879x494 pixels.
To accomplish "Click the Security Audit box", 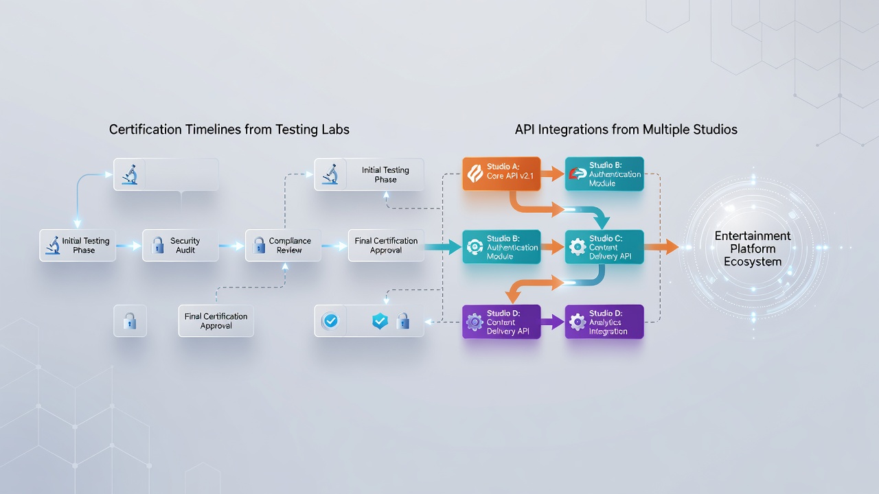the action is point(181,246).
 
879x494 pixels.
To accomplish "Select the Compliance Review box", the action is point(284,246).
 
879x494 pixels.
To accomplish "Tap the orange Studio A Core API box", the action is point(501,174).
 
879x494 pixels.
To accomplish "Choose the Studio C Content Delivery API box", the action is point(604,246).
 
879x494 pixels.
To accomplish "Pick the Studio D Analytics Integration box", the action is point(604,322).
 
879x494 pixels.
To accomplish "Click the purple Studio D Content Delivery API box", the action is point(501,322).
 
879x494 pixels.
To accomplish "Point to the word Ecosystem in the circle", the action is point(753,262).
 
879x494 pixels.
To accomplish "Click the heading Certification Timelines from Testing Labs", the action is point(229,130).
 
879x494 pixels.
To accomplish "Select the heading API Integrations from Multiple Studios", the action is point(626,130).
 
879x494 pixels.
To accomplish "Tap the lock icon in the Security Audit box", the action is point(158,246).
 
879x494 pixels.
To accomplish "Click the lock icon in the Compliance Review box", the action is point(259,246).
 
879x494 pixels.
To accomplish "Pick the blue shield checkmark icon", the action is point(380,321).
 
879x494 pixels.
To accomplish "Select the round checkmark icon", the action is point(331,321).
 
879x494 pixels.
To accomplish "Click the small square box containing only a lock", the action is point(130,320).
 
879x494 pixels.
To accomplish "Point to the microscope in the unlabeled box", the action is point(130,174).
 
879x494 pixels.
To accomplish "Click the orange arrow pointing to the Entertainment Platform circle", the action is point(661,247).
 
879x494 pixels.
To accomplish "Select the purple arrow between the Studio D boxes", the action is point(553,322).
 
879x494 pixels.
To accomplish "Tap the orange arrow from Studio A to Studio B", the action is point(553,174).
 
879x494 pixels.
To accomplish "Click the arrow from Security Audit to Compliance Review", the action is point(231,246).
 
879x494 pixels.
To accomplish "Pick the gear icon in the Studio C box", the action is point(578,247).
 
